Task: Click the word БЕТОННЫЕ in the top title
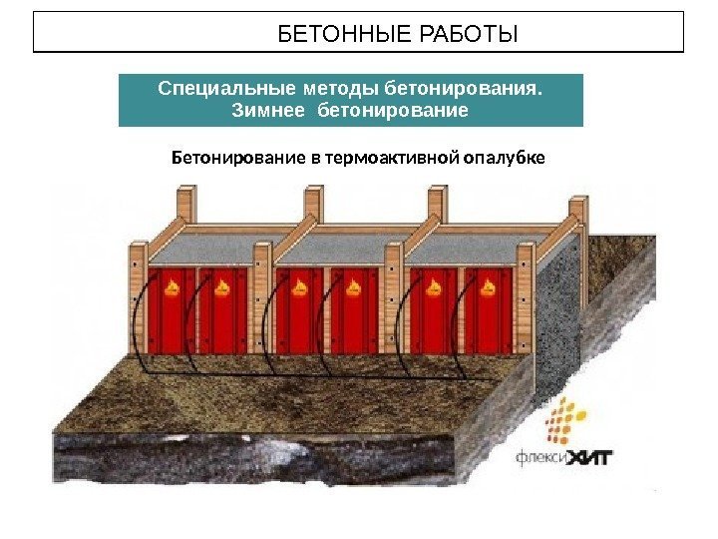click(x=333, y=36)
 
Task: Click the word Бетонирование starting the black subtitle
click(x=232, y=157)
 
